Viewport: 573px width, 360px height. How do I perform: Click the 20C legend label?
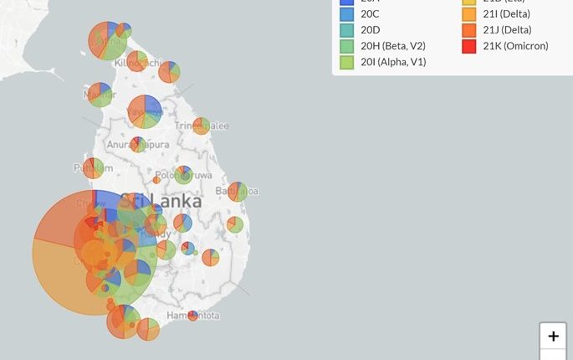click(371, 14)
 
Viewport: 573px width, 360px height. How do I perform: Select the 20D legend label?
click(371, 30)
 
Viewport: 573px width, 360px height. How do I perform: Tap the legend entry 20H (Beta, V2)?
click(393, 46)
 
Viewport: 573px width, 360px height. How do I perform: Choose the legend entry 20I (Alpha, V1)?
click(393, 62)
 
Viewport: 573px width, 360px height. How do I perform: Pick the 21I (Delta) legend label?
click(506, 14)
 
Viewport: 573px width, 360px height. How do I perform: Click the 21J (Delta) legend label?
click(506, 30)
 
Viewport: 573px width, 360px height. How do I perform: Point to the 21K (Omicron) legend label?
click(515, 46)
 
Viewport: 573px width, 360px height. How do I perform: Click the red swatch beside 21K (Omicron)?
click(468, 46)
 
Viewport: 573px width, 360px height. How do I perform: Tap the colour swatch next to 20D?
click(346, 30)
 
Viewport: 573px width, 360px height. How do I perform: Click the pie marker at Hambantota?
click(193, 316)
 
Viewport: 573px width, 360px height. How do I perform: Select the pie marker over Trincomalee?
click(201, 126)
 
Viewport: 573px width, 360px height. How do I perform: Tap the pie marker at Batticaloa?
click(238, 192)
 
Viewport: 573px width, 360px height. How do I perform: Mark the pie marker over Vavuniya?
click(145, 111)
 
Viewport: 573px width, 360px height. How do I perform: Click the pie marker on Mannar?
click(100, 95)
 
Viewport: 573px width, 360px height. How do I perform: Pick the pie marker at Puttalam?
click(94, 168)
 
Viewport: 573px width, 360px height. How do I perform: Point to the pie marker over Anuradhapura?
click(138, 145)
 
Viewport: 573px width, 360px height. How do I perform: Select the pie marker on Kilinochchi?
click(136, 61)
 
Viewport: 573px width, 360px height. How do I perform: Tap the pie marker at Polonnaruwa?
click(183, 175)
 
